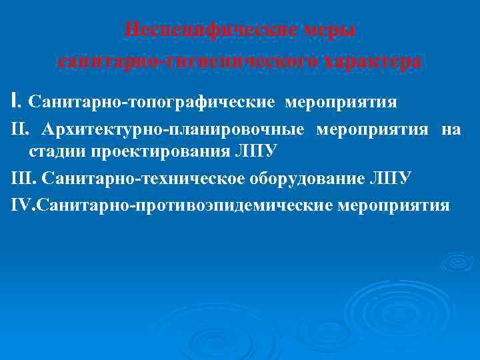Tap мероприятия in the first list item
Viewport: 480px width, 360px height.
pos(341,103)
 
